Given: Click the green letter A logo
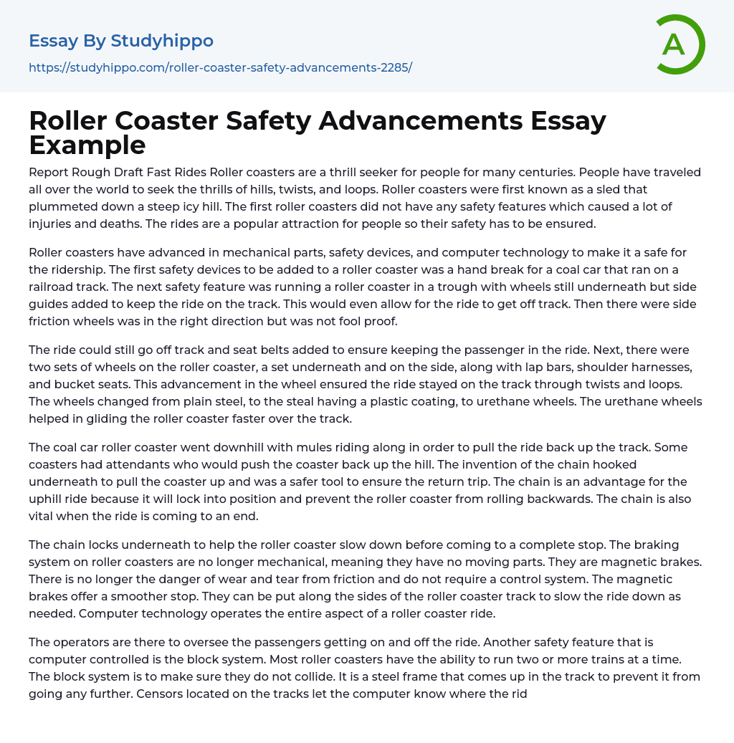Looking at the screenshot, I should click(680, 44).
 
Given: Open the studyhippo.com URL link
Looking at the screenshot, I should click(220, 68).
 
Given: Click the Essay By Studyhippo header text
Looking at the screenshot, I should click(121, 41).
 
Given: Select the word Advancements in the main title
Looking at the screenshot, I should click(421, 121).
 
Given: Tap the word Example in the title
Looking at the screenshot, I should click(87, 145).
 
